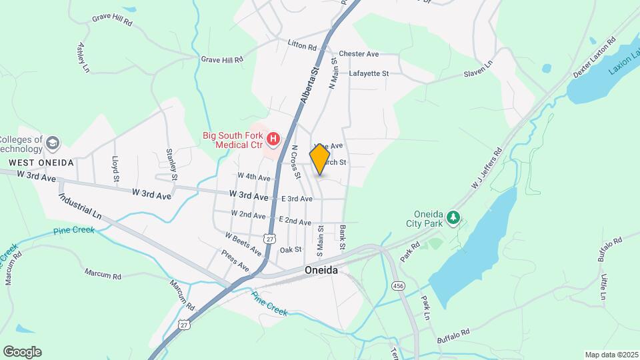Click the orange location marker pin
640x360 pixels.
pyautogui.click(x=320, y=159)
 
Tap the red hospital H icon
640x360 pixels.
pyautogui.click(x=273, y=139)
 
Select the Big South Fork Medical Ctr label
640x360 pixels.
pyautogui.click(x=233, y=139)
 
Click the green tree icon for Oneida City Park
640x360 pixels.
pyautogui.click(x=453, y=217)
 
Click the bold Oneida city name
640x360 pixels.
pyautogui.click(x=321, y=271)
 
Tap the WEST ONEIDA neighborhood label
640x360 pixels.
pyautogui.click(x=40, y=162)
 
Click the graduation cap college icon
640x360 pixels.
pyautogui.click(x=53, y=143)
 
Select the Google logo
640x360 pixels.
pyautogui.click(x=22, y=352)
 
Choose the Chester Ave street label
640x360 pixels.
pyautogui.click(x=359, y=54)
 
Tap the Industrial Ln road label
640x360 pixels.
pyautogui.click(x=79, y=207)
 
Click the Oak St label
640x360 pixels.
pyautogui.click(x=291, y=250)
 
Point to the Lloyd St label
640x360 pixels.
pyautogui.click(x=115, y=169)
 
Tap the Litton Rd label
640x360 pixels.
pyautogui.click(x=302, y=46)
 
